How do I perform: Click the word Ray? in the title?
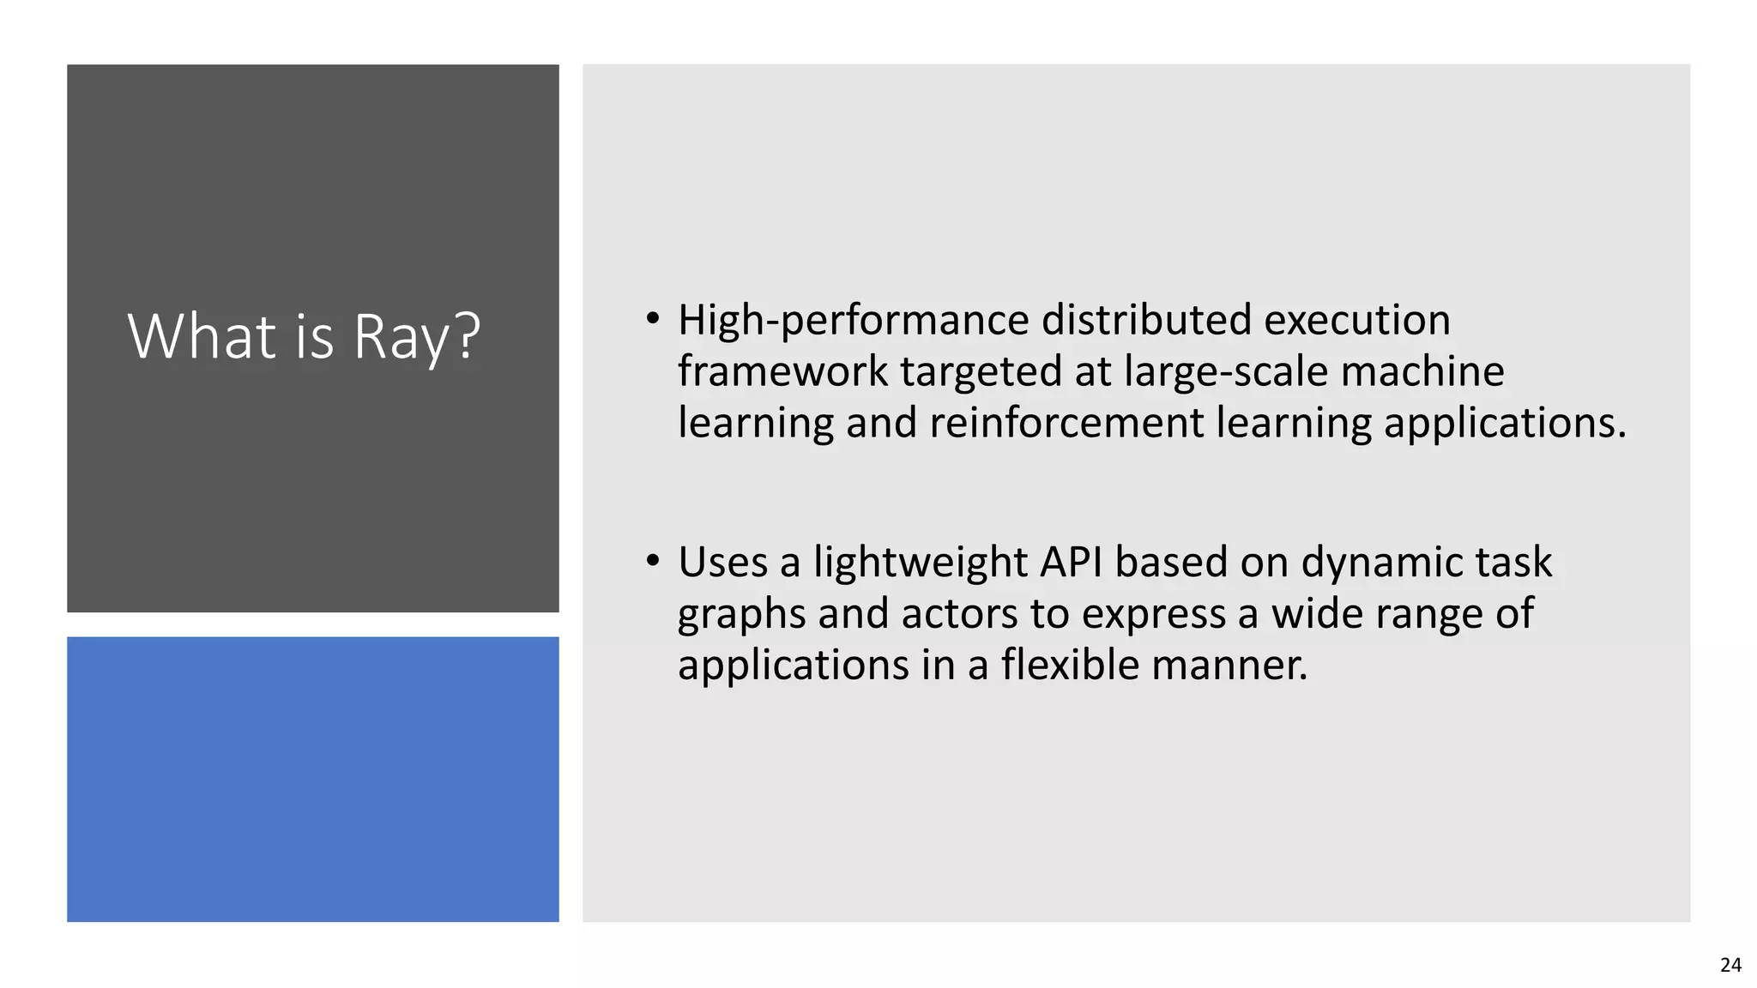417,336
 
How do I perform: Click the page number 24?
1730,965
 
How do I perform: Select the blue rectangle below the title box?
313,779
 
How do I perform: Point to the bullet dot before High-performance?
654,319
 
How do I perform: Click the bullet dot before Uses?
654,562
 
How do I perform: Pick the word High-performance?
853,321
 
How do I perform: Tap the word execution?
1356,321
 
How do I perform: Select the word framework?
782,371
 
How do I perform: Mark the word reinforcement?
1066,423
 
